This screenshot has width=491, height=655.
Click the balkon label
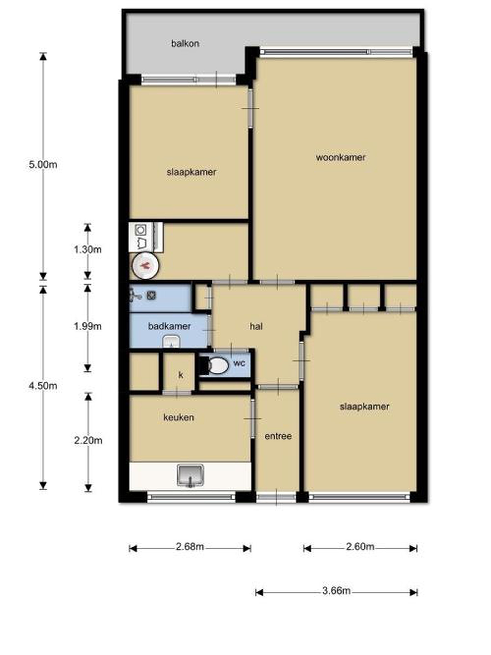[x=185, y=43]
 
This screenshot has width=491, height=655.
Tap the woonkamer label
[x=341, y=157]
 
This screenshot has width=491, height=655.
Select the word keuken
[x=179, y=417]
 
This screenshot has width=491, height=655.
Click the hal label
[x=256, y=326]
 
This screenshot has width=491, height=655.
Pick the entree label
[x=278, y=436]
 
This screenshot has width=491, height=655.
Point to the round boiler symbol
[x=145, y=266]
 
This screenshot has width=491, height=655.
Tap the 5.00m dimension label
[x=43, y=165]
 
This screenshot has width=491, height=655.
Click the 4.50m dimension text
[x=43, y=385]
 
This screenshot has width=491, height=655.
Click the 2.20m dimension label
[x=88, y=440]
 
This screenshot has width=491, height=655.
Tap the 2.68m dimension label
[x=190, y=546]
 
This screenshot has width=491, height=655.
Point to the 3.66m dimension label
[x=336, y=591]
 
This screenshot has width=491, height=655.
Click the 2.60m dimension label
[x=360, y=546]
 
